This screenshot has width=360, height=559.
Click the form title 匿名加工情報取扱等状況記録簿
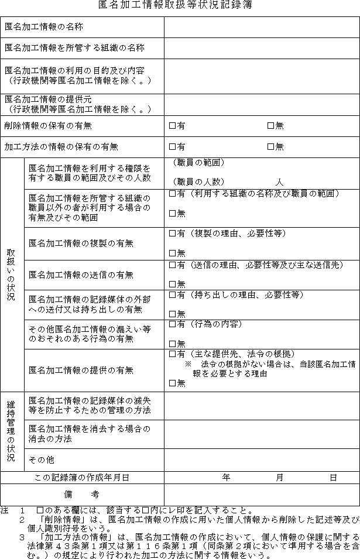pyautogui.click(x=180, y=5)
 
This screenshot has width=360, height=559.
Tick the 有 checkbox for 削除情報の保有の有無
pyautogui.click(x=172, y=125)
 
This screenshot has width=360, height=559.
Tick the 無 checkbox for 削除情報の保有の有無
pyautogui.click(x=270, y=125)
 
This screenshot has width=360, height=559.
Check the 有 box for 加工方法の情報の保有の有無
pyautogui.click(x=172, y=146)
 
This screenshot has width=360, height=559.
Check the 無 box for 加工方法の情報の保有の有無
pyautogui.click(x=270, y=146)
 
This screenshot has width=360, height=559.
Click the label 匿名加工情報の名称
pyautogui.click(x=43, y=27)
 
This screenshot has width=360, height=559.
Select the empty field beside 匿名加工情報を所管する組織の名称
pyautogui.click(x=261, y=48)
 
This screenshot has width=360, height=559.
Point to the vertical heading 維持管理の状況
pyautogui.click(x=11, y=431)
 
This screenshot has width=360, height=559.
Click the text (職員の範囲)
pyautogui.click(x=198, y=163)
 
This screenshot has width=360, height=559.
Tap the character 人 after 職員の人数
pyautogui.click(x=279, y=182)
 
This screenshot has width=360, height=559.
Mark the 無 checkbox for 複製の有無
pyautogui.click(x=172, y=253)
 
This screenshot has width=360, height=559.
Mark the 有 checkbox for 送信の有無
pyautogui.click(x=172, y=265)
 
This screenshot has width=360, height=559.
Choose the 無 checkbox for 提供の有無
pyautogui.click(x=172, y=383)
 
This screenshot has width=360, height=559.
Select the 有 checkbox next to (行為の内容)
pyautogui.click(x=172, y=324)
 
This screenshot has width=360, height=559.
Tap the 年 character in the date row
pyautogui.click(x=227, y=478)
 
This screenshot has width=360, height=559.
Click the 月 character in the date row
pyautogui.click(x=279, y=478)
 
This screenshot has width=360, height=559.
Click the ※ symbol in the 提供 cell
pyautogui.click(x=188, y=364)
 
